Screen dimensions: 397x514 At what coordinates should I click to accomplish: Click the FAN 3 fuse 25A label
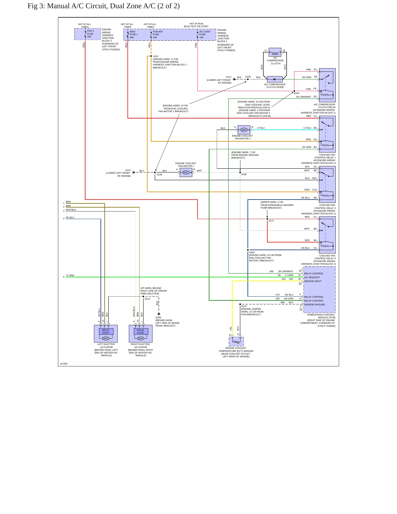click(x=90, y=34)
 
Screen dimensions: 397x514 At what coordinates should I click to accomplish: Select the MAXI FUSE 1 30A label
click(x=134, y=35)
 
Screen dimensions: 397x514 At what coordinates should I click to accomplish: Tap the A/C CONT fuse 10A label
click(x=205, y=35)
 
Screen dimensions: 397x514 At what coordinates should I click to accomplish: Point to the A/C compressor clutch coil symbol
click(x=275, y=52)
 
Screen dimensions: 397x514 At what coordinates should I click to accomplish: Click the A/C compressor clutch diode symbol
click(x=275, y=79)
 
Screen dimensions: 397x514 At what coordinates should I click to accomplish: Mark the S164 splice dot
click(x=294, y=91)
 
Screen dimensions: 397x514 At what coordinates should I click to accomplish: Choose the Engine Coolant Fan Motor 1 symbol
click(x=244, y=130)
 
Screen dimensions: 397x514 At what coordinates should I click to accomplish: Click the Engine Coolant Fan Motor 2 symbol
click(x=186, y=172)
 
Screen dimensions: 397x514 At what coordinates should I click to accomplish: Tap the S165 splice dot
click(x=240, y=172)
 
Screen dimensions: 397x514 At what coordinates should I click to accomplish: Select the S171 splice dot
click(x=267, y=219)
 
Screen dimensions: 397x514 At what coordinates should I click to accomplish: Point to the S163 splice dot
click(x=248, y=250)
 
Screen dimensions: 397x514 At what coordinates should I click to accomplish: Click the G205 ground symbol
click(x=159, y=314)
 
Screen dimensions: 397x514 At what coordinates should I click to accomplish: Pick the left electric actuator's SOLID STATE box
click(x=106, y=331)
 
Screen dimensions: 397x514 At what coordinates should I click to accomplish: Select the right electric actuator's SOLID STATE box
click(x=141, y=331)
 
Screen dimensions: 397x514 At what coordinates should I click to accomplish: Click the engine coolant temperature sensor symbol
click(x=236, y=341)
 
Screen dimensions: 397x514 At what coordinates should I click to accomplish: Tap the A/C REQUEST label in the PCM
click(x=312, y=277)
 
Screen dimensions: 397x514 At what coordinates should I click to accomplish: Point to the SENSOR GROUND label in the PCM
click(x=314, y=305)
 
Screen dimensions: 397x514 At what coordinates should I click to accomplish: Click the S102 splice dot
click(x=151, y=56)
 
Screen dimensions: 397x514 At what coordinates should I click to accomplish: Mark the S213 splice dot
click(x=143, y=297)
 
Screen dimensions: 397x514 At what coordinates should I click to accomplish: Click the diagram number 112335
click(x=63, y=364)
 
